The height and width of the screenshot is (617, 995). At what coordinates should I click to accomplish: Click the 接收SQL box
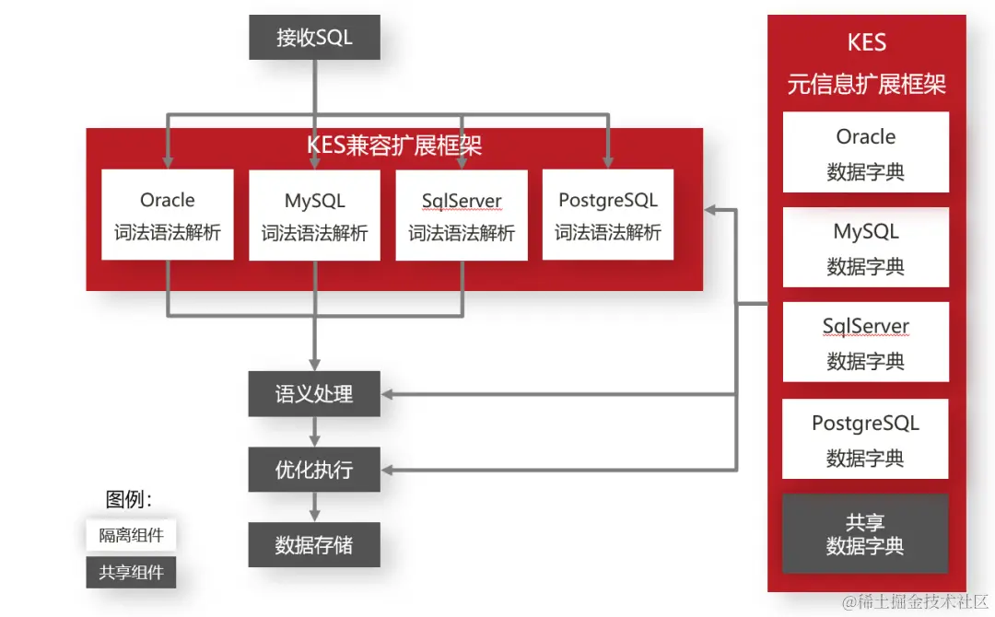coord(314,39)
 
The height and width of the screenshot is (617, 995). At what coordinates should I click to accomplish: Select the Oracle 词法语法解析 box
coord(168,215)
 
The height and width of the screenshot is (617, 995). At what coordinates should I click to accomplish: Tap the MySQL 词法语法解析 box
coord(314,215)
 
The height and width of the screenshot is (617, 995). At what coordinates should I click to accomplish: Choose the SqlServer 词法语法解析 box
coord(462,215)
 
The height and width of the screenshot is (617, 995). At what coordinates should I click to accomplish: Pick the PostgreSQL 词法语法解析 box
coord(608,215)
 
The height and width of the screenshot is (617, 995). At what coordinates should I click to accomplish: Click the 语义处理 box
coord(314,394)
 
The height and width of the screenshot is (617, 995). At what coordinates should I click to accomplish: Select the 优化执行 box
coord(314,470)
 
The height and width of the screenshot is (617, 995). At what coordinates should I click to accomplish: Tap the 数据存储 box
coord(314,544)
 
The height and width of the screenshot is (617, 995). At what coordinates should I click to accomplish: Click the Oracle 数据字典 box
coord(865,153)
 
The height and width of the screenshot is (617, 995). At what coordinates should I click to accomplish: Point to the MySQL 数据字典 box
coord(865,248)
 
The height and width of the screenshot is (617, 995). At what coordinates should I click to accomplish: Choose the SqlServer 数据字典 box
coord(865,343)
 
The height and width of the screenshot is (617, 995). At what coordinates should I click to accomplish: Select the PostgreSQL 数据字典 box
coord(865,439)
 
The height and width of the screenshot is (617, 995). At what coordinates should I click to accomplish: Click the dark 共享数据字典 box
coord(865,534)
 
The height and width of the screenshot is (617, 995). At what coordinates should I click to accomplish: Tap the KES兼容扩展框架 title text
coord(394,146)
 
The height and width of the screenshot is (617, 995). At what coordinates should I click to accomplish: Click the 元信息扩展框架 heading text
coord(866,85)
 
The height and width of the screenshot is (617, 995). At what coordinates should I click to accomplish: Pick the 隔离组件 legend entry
coord(131,535)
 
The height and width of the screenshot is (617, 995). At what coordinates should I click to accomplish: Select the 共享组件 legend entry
coord(131,572)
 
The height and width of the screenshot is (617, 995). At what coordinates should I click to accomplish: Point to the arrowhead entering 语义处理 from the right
coord(388,394)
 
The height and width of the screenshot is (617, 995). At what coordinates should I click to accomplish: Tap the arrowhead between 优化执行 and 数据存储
coord(314,514)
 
